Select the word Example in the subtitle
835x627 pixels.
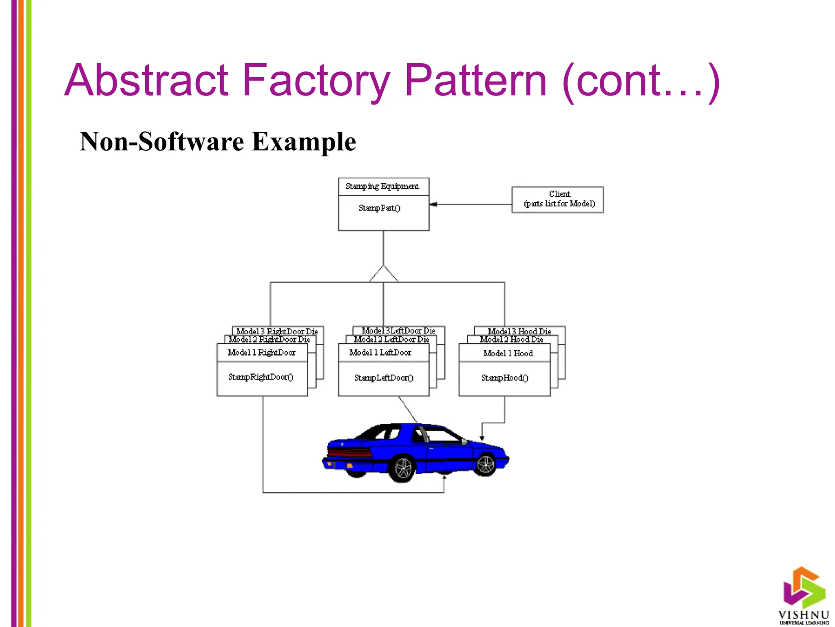[x=304, y=142]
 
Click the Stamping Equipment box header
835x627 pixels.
[x=383, y=187]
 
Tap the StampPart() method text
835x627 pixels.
[x=380, y=208]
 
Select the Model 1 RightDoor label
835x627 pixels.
[x=261, y=353]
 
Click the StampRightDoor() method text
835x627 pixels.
[x=261, y=377]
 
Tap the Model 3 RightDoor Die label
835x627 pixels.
[x=277, y=331]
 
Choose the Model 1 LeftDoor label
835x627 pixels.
[x=380, y=353]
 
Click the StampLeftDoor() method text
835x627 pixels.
[x=384, y=378]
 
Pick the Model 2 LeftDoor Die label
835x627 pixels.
[x=391, y=339]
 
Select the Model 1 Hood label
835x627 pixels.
[x=508, y=354]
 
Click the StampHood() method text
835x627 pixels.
[x=505, y=378]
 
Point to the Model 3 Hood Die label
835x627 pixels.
[x=519, y=331]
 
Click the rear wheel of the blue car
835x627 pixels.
[x=403, y=468]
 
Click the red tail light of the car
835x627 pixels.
[x=349, y=452]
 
